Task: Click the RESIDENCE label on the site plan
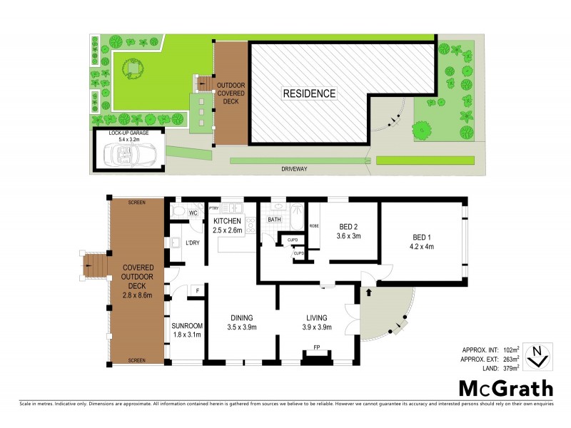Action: [308, 93]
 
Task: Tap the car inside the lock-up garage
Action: [130, 152]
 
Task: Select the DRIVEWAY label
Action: [294, 169]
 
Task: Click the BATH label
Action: [274, 220]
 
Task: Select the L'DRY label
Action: [192, 244]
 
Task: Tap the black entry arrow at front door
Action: [369, 292]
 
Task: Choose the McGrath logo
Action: [505, 388]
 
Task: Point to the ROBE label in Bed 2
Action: [313, 225]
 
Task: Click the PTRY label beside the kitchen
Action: [213, 208]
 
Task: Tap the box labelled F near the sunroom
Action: [198, 290]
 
